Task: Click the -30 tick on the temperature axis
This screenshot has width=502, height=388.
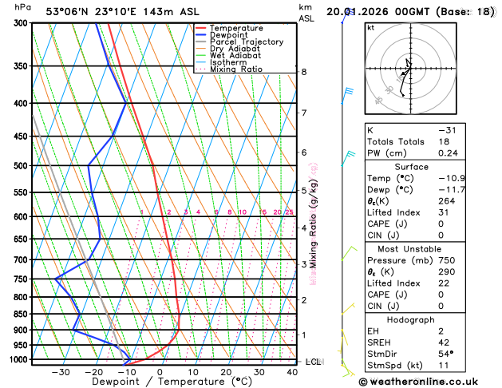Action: pyautogui.click(x=60, y=372)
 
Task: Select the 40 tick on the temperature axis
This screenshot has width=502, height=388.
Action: pyautogui.click(x=293, y=372)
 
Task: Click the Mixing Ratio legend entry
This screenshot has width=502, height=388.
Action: pyautogui.click(x=243, y=69)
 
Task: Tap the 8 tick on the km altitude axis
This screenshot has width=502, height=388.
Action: pyautogui.click(x=304, y=72)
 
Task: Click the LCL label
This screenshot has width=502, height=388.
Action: pyautogui.click(x=313, y=362)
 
